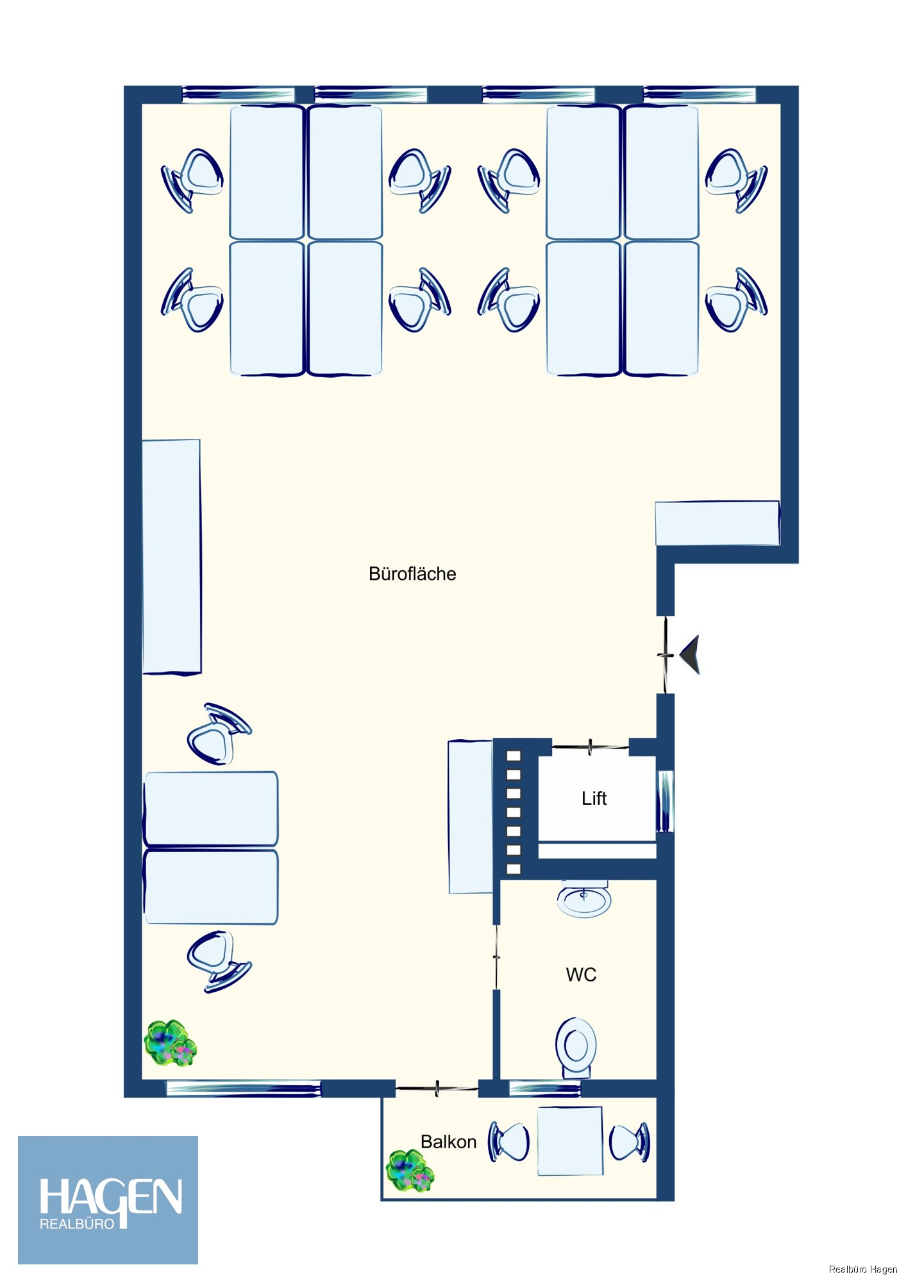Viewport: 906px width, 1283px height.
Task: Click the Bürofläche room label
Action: pos(412,574)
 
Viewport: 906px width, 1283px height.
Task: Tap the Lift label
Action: pos(594,798)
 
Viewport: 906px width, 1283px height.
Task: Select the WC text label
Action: pos(581,974)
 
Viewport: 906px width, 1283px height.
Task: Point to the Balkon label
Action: pos(448,1141)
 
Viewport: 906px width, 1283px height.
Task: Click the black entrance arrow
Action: pos(690,654)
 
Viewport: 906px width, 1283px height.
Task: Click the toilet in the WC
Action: pos(576,1048)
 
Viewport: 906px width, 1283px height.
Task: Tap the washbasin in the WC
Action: pos(583,899)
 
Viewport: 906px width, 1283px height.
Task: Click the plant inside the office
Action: pos(170,1044)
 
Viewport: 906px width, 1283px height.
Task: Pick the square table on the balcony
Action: pos(570,1141)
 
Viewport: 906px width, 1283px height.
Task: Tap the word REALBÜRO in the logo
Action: pos(77,1224)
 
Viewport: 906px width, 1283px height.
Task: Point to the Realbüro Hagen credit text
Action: pos(863,1269)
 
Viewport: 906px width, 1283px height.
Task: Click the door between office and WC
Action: pos(496,957)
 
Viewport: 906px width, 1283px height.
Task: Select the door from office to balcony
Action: pos(437,1088)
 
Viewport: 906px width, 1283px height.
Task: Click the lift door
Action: pos(590,746)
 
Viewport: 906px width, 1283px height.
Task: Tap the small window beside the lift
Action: pos(666,801)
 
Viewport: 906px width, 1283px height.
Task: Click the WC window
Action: pos(544,1088)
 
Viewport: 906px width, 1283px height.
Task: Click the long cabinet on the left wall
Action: pos(171,556)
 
